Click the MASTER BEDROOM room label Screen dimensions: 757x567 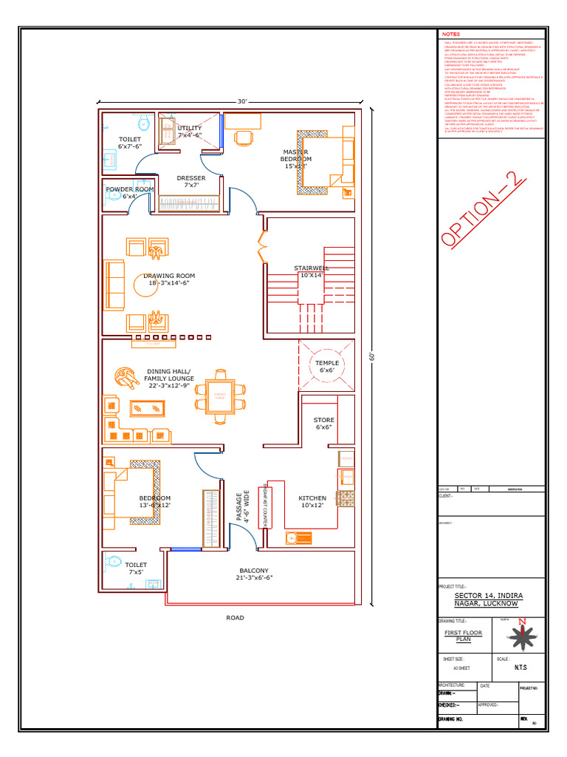297,159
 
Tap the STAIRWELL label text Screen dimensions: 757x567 312,271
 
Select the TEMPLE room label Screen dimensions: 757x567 327,367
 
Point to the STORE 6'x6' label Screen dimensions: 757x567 324,424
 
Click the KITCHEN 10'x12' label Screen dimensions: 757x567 312,502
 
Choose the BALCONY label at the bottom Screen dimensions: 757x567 253,574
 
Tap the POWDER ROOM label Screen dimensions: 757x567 129,193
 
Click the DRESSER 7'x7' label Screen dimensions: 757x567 191,182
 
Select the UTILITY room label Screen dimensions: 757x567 189,132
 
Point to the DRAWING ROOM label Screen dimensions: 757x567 169,279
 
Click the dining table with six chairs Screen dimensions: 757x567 220,397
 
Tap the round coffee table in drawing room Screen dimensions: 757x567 145,285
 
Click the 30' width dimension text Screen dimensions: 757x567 242,101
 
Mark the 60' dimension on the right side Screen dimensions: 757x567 373,357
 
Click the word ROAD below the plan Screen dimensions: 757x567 235,617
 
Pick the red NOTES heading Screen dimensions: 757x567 450,35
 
